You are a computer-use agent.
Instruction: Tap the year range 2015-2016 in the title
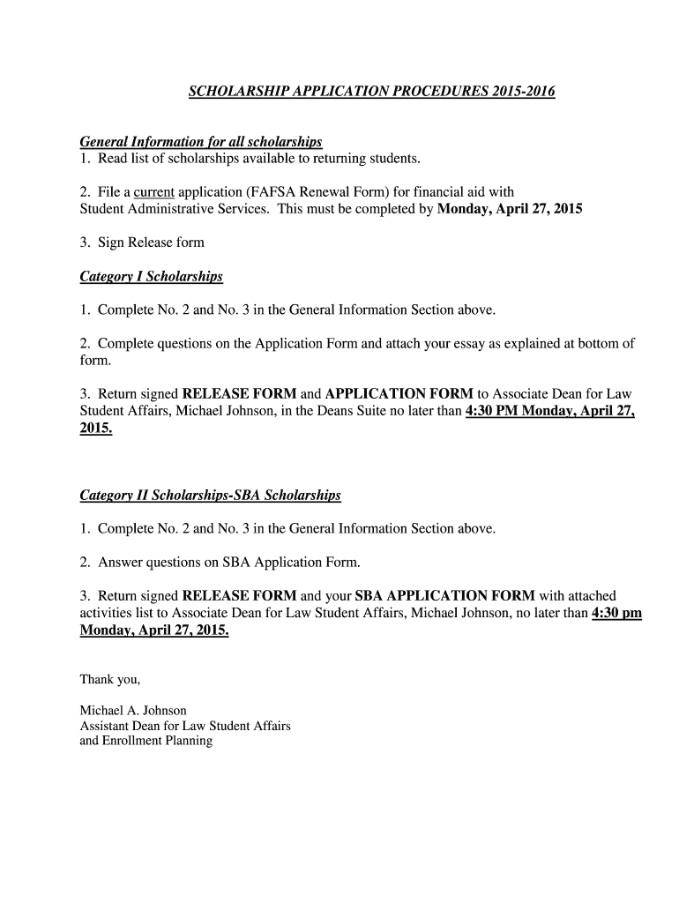(523, 91)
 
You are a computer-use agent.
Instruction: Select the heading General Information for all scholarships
(201, 142)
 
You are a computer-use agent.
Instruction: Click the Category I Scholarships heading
(151, 277)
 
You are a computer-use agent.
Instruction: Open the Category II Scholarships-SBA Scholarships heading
(210, 496)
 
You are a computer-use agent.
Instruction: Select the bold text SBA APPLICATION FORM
(444, 596)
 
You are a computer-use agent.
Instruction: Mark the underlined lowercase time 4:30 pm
(616, 613)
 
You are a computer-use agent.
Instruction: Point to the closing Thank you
(110, 679)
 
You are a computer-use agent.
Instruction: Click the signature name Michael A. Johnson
(133, 710)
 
